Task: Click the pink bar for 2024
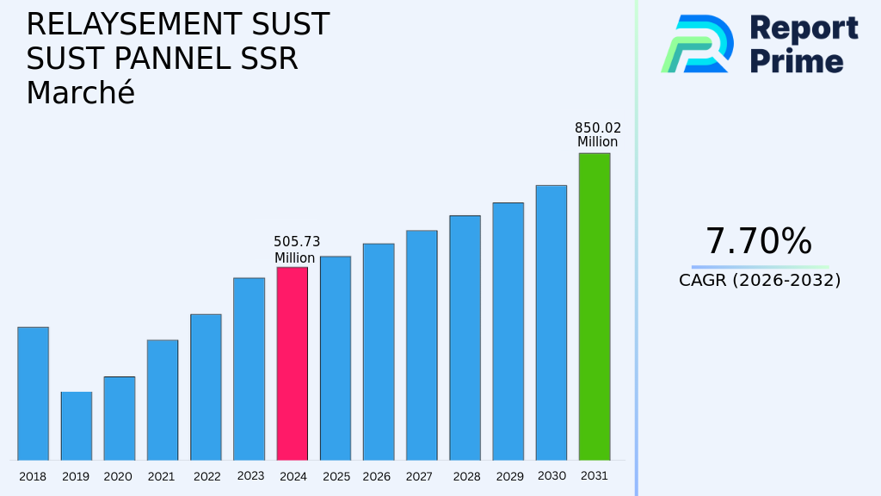click(x=292, y=363)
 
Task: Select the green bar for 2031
click(x=594, y=307)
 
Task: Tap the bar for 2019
click(x=76, y=426)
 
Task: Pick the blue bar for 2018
click(x=33, y=394)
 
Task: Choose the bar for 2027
click(x=422, y=345)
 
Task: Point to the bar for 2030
click(x=551, y=323)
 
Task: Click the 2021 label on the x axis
click(x=162, y=477)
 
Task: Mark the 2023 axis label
click(x=250, y=476)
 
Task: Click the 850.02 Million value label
click(x=597, y=135)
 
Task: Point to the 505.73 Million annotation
click(x=296, y=250)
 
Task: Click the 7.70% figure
click(x=758, y=242)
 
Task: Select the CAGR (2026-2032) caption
click(x=759, y=280)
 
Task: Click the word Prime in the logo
click(x=797, y=61)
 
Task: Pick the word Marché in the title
click(x=80, y=93)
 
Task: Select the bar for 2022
click(x=206, y=387)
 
